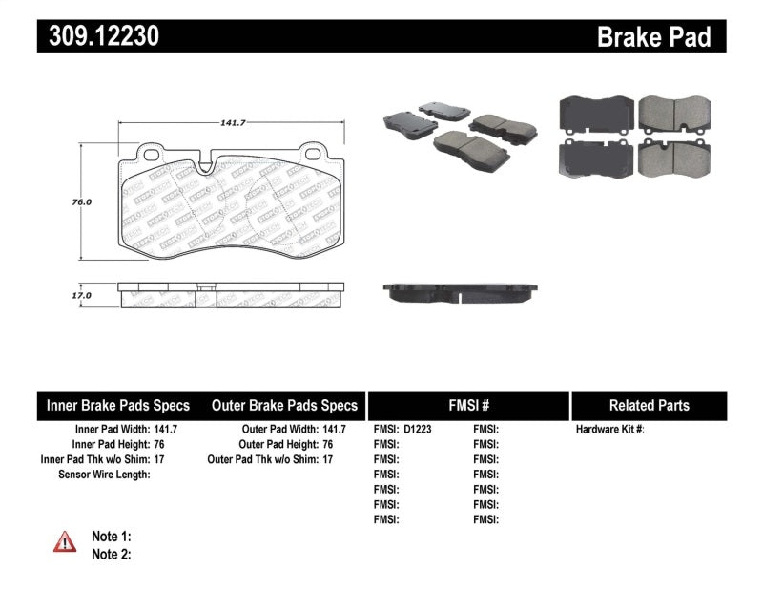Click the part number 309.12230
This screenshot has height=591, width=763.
pyautogui.click(x=98, y=36)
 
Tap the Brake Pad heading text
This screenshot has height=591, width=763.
pyautogui.click(x=653, y=37)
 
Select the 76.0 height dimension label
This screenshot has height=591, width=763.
pyautogui.click(x=82, y=202)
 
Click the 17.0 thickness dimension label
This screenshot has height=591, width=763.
pyautogui.click(x=82, y=296)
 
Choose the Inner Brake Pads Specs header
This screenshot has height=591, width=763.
pyautogui.click(x=118, y=405)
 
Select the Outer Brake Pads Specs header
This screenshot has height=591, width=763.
pyautogui.click(x=284, y=405)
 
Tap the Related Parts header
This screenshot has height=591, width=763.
pyautogui.click(x=649, y=405)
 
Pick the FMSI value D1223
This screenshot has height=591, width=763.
pyautogui.click(x=418, y=430)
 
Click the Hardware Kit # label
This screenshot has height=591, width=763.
pyautogui.click(x=609, y=430)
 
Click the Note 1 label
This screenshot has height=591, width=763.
pyautogui.click(x=111, y=537)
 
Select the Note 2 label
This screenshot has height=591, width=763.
pyautogui.click(x=111, y=553)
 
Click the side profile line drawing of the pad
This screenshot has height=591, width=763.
pyautogui.click(x=231, y=294)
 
